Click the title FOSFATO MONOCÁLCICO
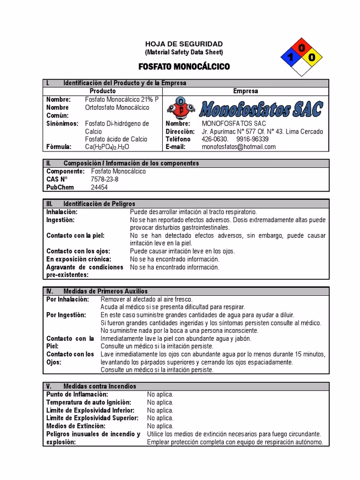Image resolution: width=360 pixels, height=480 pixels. click(x=184, y=67)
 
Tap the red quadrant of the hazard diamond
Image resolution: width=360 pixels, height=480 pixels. click(x=301, y=48)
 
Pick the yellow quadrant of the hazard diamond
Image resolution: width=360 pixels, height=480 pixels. click(x=312, y=58)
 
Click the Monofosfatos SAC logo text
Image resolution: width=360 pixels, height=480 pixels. click(x=261, y=109)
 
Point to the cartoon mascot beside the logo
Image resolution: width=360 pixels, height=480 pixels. click(x=181, y=107)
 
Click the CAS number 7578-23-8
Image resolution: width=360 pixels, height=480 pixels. click(x=104, y=179)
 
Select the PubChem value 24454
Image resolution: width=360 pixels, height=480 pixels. click(x=99, y=187)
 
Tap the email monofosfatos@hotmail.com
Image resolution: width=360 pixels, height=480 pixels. click(x=239, y=147)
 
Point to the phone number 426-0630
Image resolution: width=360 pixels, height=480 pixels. click(x=215, y=139)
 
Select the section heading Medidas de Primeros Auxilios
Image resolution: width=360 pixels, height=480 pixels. click(x=105, y=291)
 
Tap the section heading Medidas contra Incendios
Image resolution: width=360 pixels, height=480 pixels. click(x=99, y=386)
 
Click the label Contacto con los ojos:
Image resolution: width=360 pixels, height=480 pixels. click(x=78, y=251)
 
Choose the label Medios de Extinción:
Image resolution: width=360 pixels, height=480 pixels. click(x=76, y=426)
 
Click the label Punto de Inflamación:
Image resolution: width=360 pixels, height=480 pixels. click(x=77, y=394)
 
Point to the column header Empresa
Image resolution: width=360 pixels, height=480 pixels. click(x=245, y=91)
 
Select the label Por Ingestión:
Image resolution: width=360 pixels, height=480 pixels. click(x=67, y=315)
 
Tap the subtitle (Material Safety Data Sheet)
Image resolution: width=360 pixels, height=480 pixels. click(x=184, y=52)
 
